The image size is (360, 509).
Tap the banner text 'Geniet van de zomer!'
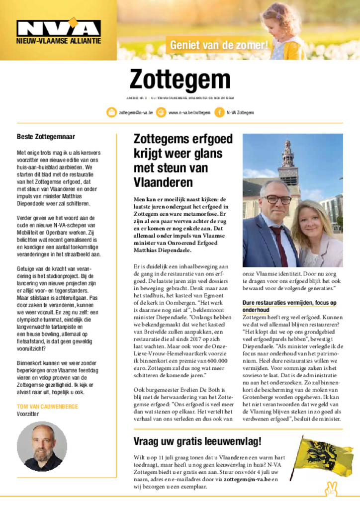point(219,45)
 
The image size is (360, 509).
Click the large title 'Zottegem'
point(180,80)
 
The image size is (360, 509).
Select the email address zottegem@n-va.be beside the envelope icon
point(136,113)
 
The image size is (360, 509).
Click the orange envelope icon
point(112,113)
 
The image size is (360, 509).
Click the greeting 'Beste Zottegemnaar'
point(46,137)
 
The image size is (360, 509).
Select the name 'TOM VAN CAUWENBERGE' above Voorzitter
point(47,407)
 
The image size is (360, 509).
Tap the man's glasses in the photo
point(277,200)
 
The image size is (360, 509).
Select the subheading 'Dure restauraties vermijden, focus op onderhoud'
point(289,306)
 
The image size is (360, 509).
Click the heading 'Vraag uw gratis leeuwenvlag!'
point(197,441)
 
